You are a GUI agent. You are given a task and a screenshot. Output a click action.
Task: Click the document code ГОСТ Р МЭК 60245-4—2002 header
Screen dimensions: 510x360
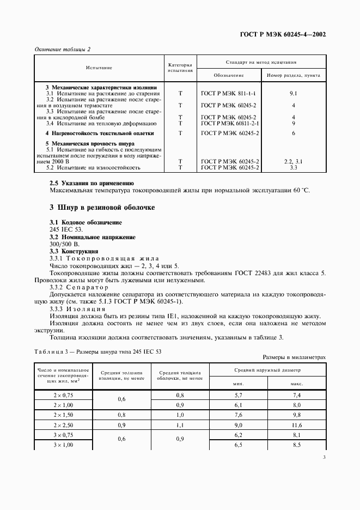[x=283, y=34]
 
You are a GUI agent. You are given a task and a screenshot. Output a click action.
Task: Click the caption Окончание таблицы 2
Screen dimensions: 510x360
[x=63, y=49]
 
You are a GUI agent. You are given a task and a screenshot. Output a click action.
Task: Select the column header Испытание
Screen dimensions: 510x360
[x=99, y=68]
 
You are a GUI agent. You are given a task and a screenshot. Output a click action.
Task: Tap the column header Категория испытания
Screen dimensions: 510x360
[x=180, y=68]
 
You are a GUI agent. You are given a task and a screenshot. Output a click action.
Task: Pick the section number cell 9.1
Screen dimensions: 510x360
[x=293, y=93]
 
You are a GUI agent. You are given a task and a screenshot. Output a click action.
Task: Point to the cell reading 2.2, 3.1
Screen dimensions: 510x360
[x=293, y=162]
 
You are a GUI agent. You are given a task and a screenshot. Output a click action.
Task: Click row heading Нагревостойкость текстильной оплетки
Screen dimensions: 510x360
[x=100, y=133]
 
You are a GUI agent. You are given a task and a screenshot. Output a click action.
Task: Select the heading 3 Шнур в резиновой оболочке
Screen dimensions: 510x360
[x=102, y=208]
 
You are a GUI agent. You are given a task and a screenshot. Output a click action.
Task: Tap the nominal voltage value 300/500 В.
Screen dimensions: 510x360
[x=65, y=245]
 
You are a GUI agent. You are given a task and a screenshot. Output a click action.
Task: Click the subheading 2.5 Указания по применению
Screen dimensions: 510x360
[x=91, y=183]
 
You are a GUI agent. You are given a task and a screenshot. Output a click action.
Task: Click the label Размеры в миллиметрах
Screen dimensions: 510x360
[x=294, y=357]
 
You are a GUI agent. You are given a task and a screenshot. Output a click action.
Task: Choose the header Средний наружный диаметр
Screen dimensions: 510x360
[x=268, y=370]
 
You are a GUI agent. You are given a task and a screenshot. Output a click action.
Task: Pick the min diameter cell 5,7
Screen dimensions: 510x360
[x=238, y=394]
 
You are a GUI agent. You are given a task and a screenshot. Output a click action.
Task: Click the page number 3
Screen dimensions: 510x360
[x=324, y=457]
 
